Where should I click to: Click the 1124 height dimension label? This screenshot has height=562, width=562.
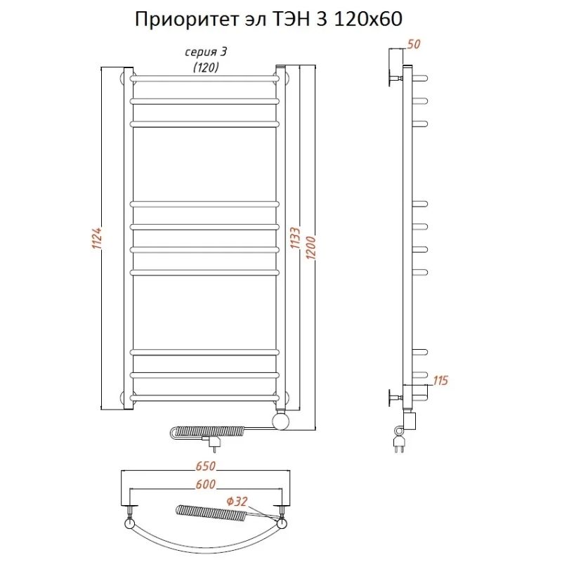pos(98,239)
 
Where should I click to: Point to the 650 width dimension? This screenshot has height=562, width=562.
pos(204,467)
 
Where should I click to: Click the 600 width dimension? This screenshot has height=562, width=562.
pos(204,485)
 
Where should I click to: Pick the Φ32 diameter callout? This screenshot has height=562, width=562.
pos(237,501)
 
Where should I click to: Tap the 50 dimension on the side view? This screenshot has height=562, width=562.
pos(414,44)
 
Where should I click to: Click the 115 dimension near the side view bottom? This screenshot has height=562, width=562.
pos(440,381)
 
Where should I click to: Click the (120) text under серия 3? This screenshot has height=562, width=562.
pos(205,67)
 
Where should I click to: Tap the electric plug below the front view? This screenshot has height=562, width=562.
pos(212,443)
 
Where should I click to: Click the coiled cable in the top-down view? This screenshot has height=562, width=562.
pos(211,514)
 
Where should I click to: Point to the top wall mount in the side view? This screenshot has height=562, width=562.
pos(391,74)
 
